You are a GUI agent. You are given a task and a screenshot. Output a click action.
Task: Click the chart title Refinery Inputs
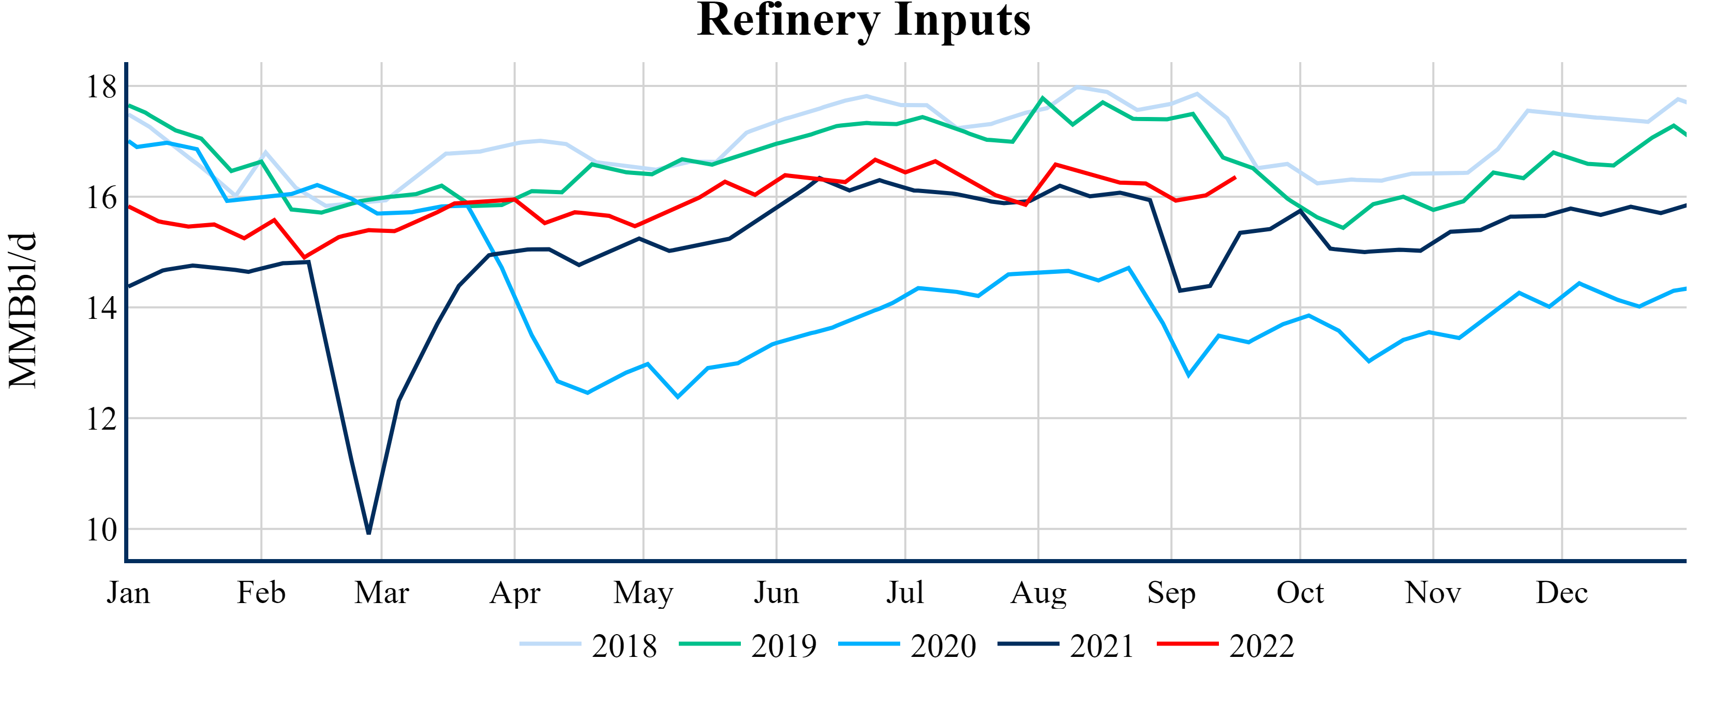[863, 20]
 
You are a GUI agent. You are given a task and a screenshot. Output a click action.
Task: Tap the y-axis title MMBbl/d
[23, 310]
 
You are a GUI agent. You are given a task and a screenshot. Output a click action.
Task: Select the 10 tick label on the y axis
[100, 530]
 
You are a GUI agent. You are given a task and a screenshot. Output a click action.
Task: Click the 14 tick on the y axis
[100, 308]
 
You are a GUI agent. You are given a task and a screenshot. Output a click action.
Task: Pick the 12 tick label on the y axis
[100, 419]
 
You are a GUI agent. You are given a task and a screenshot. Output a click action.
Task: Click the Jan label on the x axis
[128, 593]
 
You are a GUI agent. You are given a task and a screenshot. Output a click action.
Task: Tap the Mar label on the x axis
[382, 593]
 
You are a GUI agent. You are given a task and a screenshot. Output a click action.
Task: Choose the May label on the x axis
[643, 593]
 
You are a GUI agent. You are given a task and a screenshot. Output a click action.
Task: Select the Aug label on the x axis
[1038, 593]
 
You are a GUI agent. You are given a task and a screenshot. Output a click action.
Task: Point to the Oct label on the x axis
[1300, 593]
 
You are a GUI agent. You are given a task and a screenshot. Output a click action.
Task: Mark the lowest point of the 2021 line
[369, 533]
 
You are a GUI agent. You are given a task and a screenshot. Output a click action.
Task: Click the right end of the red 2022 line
[1235, 178]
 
